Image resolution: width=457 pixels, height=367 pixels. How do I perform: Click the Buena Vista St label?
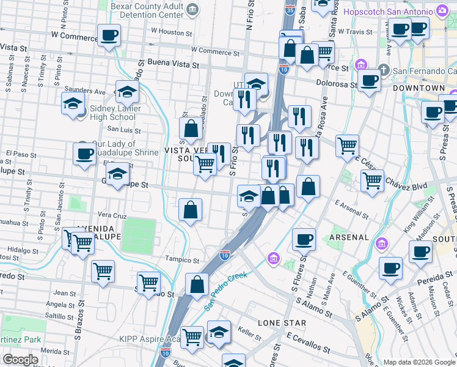coord(174,64)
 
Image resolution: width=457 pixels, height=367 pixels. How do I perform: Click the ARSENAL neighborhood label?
coord(349,237)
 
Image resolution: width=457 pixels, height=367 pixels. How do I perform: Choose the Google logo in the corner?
coord(20,360)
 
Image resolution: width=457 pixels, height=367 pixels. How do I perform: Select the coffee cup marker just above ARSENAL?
coord(303,239)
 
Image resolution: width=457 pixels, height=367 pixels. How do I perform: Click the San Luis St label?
coord(124,130)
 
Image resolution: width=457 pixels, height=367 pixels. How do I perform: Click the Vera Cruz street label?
coord(112,216)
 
